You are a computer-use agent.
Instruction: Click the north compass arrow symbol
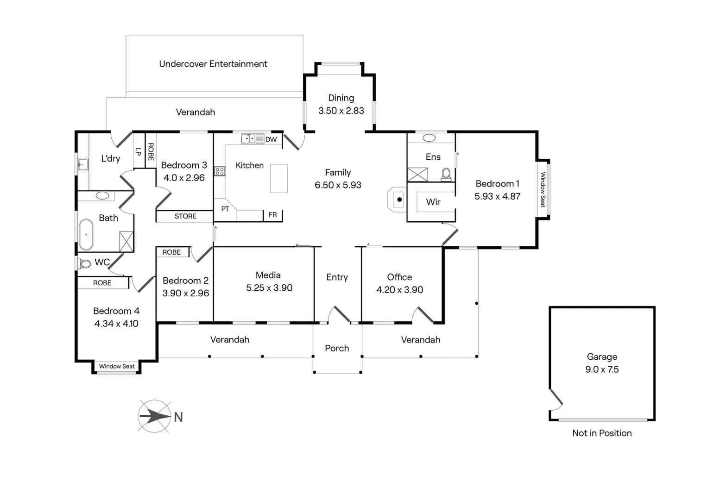tap(155, 416)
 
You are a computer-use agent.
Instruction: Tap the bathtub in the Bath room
tap(86, 235)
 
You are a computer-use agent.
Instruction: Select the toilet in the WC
tap(84, 263)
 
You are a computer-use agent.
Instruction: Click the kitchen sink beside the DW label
tap(252, 138)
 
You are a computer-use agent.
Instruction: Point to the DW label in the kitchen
tap(271, 139)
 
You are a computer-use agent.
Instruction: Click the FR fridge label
tap(272, 215)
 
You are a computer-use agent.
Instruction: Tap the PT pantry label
tap(225, 209)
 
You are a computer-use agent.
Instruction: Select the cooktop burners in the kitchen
tap(220, 171)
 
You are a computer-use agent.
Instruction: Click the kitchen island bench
tap(279, 178)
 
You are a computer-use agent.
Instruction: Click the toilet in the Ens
tap(446, 174)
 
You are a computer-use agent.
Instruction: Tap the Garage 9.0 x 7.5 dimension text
tap(602, 369)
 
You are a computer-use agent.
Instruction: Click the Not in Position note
tap(602, 433)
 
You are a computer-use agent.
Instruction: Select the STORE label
tap(185, 216)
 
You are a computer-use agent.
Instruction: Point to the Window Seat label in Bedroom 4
tap(117, 366)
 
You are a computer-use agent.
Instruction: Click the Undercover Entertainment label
tap(213, 64)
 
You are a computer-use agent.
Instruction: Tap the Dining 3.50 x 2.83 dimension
tap(341, 111)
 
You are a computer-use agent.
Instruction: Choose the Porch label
tap(337, 348)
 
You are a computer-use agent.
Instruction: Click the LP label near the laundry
tap(138, 151)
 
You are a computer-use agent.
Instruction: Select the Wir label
tap(433, 202)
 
